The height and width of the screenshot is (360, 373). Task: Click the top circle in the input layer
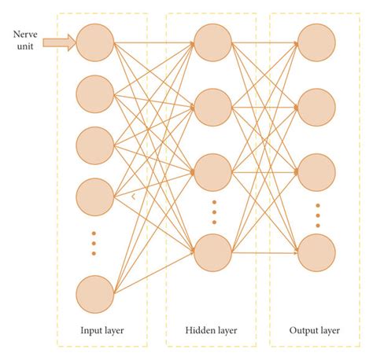tap(95, 42)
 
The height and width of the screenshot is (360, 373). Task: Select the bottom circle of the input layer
tap(95, 295)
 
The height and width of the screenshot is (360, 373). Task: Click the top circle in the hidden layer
tap(212, 42)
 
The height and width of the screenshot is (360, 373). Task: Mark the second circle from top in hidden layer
tap(212, 108)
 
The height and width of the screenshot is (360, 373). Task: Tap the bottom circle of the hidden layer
tap(212, 253)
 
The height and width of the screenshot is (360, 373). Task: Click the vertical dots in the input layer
tap(95, 243)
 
